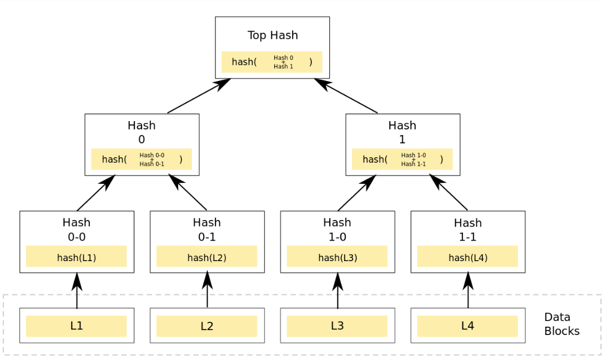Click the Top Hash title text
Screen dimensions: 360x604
[273, 36]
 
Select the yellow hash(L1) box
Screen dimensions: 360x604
[76, 257]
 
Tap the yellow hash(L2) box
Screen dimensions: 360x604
[207, 257]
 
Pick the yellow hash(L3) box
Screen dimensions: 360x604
[337, 257]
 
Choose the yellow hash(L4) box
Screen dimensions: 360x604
[467, 257]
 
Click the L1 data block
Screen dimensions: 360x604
[76, 326]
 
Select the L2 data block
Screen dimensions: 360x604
[207, 326]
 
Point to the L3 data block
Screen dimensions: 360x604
[337, 326]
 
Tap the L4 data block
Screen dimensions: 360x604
[467, 326]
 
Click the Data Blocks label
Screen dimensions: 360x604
[561, 324]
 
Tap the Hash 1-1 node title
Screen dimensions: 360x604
[468, 229]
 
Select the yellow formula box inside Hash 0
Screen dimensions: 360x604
[142, 159]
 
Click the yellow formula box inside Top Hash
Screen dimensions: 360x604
[272, 62]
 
